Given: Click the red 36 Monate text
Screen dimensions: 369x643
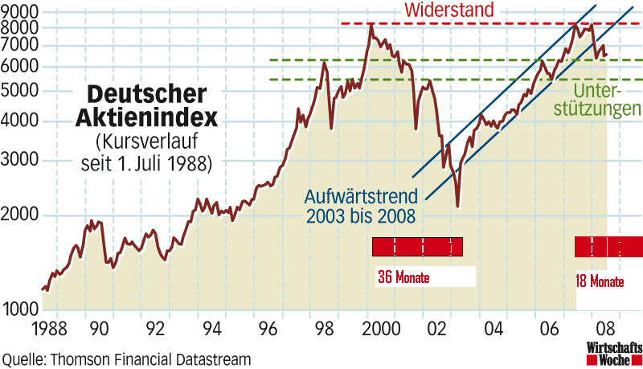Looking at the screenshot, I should (x=403, y=279).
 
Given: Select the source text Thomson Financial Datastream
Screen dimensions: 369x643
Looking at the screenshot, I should (x=149, y=358).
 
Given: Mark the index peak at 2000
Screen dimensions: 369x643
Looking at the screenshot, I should (x=371, y=24).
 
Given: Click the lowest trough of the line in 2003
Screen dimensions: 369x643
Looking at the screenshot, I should (x=457, y=207).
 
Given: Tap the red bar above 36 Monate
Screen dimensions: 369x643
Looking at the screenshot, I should (x=417, y=247).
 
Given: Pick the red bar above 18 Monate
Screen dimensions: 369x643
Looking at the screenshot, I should (x=608, y=246).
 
